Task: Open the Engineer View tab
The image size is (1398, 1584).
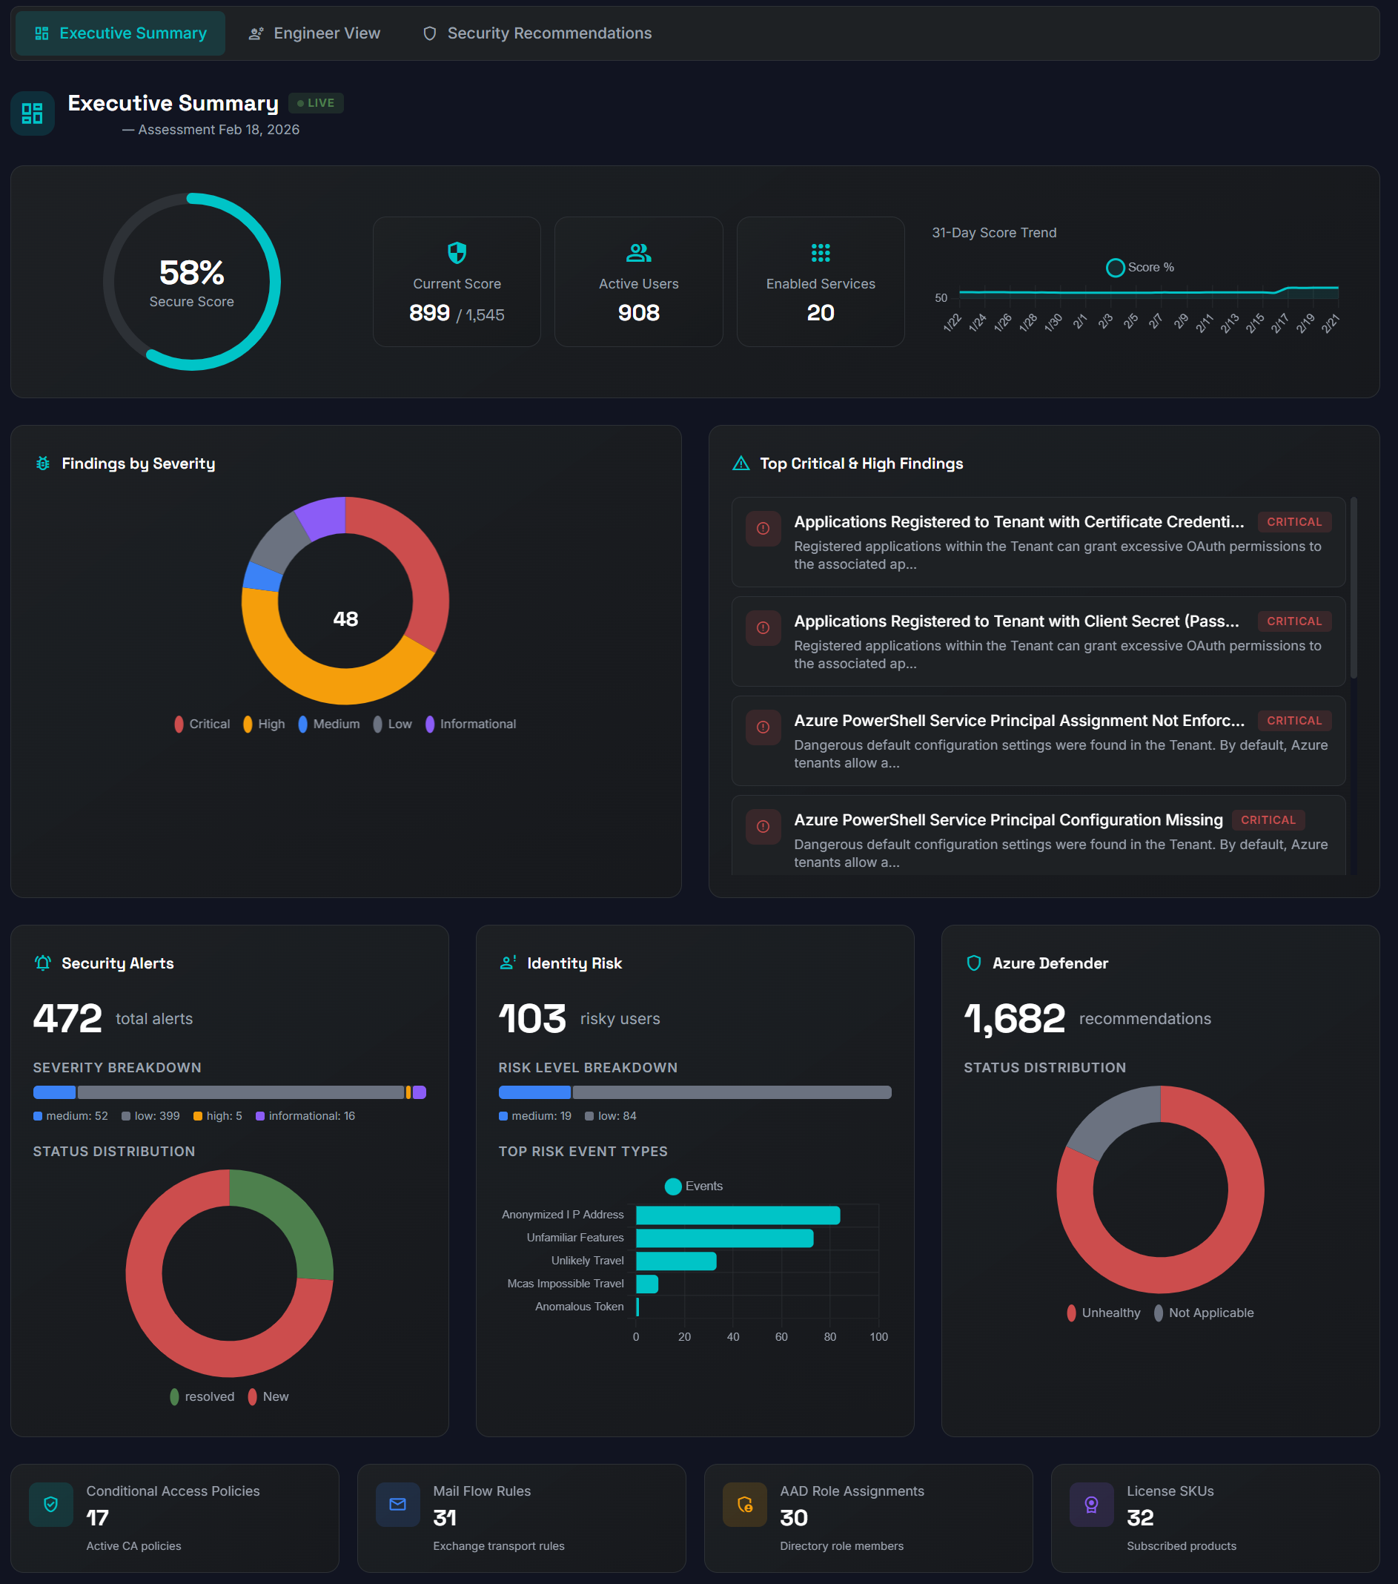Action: tap(314, 33)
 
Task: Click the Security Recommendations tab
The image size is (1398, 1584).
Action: tap(537, 33)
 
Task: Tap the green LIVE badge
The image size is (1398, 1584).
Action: tap(316, 103)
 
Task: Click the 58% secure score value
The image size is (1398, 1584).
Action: tap(191, 273)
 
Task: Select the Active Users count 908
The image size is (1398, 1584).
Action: tap(638, 313)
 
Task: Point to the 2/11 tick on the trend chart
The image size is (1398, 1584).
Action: tap(1205, 323)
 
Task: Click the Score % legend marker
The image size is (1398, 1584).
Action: tap(1115, 268)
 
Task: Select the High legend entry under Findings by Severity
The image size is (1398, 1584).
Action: tap(264, 724)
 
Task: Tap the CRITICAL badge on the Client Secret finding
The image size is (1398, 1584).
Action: tap(1293, 621)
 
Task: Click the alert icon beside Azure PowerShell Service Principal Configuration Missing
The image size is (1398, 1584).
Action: tap(763, 827)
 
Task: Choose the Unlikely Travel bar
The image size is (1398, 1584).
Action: tap(675, 1261)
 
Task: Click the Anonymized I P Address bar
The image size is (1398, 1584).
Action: tap(738, 1215)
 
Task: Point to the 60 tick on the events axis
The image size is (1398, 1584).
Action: tap(781, 1337)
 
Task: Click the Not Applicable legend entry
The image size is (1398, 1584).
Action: tap(1204, 1313)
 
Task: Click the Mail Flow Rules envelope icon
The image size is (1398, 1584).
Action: tap(397, 1504)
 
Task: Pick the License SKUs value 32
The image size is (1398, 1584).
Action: tap(1139, 1517)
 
